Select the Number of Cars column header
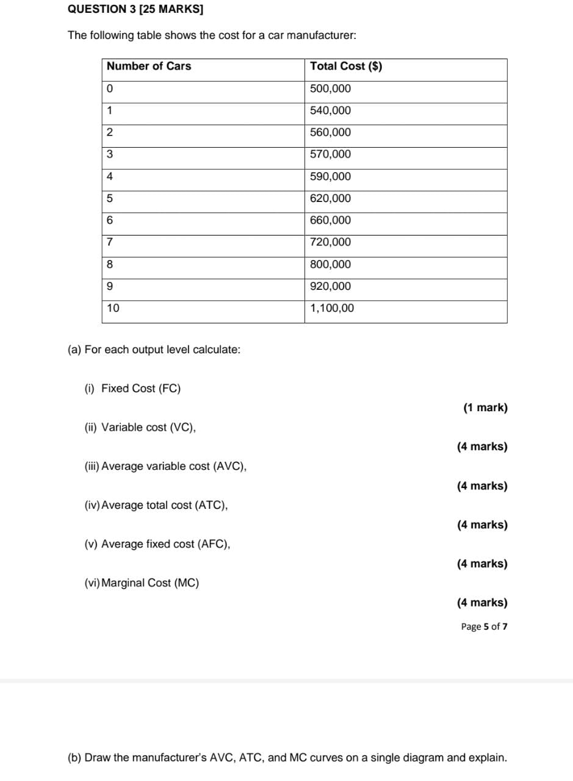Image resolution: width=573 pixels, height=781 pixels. (x=149, y=67)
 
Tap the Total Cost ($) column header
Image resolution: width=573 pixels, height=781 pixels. (x=346, y=67)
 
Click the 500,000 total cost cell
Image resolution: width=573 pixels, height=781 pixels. (x=331, y=88)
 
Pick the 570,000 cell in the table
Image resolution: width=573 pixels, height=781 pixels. (x=331, y=154)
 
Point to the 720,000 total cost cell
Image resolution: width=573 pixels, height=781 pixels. (x=331, y=242)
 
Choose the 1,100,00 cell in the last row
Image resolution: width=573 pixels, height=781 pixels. (x=332, y=308)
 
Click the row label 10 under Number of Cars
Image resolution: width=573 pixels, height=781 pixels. (x=113, y=308)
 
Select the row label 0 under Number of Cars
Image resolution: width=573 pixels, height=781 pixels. (x=110, y=88)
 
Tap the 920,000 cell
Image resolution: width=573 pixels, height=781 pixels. (x=331, y=286)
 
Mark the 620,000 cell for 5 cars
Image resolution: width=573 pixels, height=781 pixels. (x=331, y=198)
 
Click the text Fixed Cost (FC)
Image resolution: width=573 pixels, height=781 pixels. (x=141, y=389)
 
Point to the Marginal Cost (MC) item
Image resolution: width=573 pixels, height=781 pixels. (x=150, y=583)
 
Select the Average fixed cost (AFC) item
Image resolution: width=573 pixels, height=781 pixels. (x=165, y=544)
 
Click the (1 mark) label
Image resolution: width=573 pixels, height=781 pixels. (x=485, y=408)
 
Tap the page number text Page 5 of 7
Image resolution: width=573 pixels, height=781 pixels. (x=484, y=627)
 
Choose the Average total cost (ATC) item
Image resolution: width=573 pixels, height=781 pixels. (x=164, y=505)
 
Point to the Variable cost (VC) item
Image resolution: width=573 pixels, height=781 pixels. (x=148, y=427)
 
